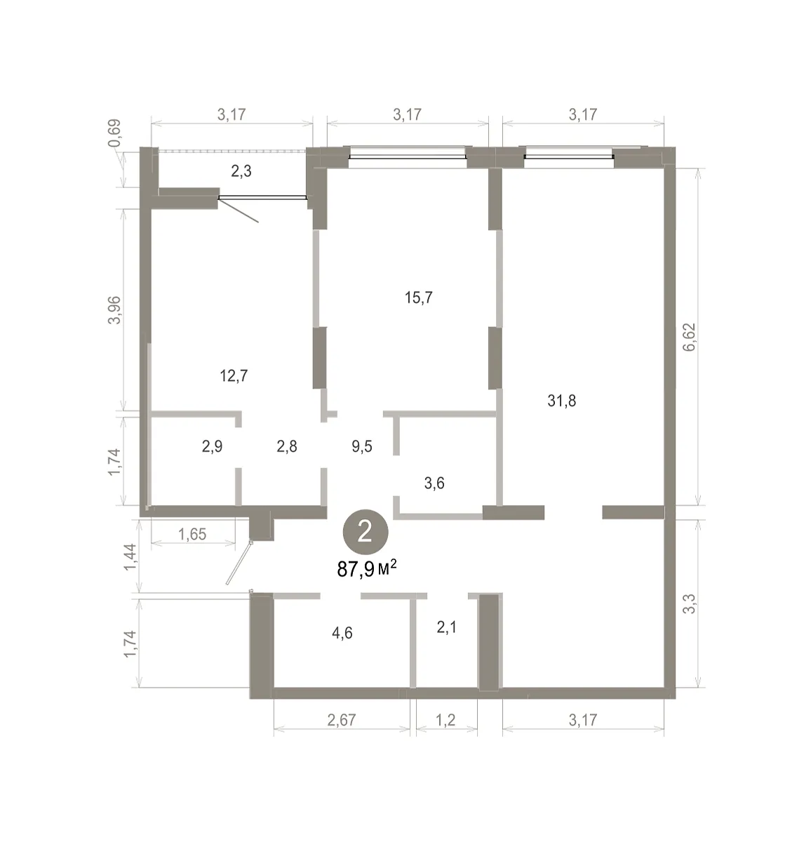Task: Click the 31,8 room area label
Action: click(561, 401)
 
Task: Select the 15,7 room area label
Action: click(418, 298)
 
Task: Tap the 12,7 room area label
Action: click(234, 375)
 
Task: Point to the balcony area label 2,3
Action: click(241, 171)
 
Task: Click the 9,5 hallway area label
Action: click(361, 446)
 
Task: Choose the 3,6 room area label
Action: click(434, 483)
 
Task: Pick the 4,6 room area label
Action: click(342, 633)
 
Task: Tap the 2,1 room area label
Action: click(446, 627)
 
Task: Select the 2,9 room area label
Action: click(212, 446)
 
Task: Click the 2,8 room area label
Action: click(287, 446)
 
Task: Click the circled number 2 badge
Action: click(366, 532)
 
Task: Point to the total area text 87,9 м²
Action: click(367, 568)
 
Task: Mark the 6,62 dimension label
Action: click(689, 337)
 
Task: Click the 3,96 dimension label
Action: click(115, 310)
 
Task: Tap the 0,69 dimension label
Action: click(115, 133)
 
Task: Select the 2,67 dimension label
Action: click(342, 720)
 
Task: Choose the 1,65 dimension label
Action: click(192, 535)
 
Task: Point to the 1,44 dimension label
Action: click(130, 557)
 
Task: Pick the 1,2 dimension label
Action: click(445, 720)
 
